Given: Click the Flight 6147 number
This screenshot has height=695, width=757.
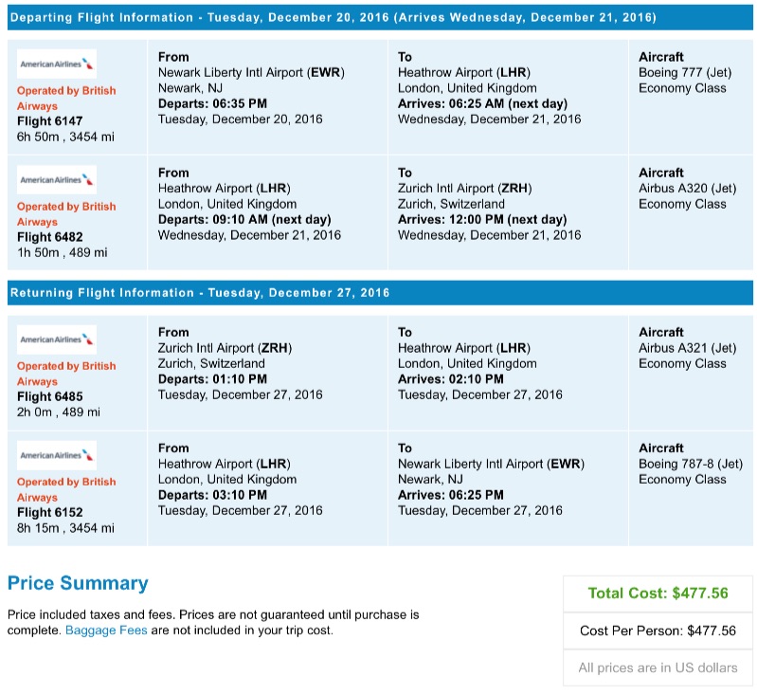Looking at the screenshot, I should coord(49,121).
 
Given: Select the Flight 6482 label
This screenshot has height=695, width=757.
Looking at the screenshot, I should coord(49,237).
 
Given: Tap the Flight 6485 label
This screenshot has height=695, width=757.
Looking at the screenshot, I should coord(49,396).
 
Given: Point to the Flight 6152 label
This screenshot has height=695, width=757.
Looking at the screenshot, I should coord(49,512).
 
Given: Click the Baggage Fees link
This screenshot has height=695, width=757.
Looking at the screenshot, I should coord(106,630).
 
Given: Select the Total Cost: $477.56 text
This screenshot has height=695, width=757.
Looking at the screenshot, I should coord(658,594).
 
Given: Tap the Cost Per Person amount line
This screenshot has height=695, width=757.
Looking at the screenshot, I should coord(658,631).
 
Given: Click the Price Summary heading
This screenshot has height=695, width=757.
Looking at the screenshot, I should coord(78,583).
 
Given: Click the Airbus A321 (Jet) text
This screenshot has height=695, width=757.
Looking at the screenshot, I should coord(687,348).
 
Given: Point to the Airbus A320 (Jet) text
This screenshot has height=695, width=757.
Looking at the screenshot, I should coord(687,189).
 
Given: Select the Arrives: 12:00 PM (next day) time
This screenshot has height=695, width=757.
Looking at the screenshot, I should coord(482,219).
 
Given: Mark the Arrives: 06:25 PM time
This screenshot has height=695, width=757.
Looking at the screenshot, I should coord(451,494).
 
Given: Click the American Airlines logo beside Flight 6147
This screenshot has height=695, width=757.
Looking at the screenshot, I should coord(57,64).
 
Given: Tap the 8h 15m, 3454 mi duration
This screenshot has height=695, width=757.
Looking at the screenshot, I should coord(65,528).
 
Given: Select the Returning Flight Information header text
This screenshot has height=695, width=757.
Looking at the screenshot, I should coord(199,293).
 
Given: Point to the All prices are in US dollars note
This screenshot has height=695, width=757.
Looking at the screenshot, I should coord(658,668).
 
